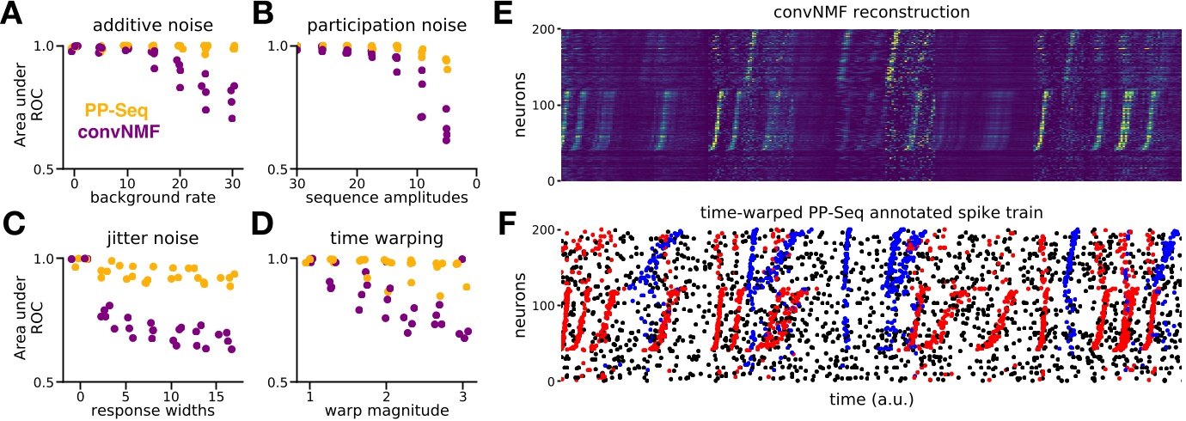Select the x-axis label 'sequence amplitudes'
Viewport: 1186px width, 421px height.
pos(383,200)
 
